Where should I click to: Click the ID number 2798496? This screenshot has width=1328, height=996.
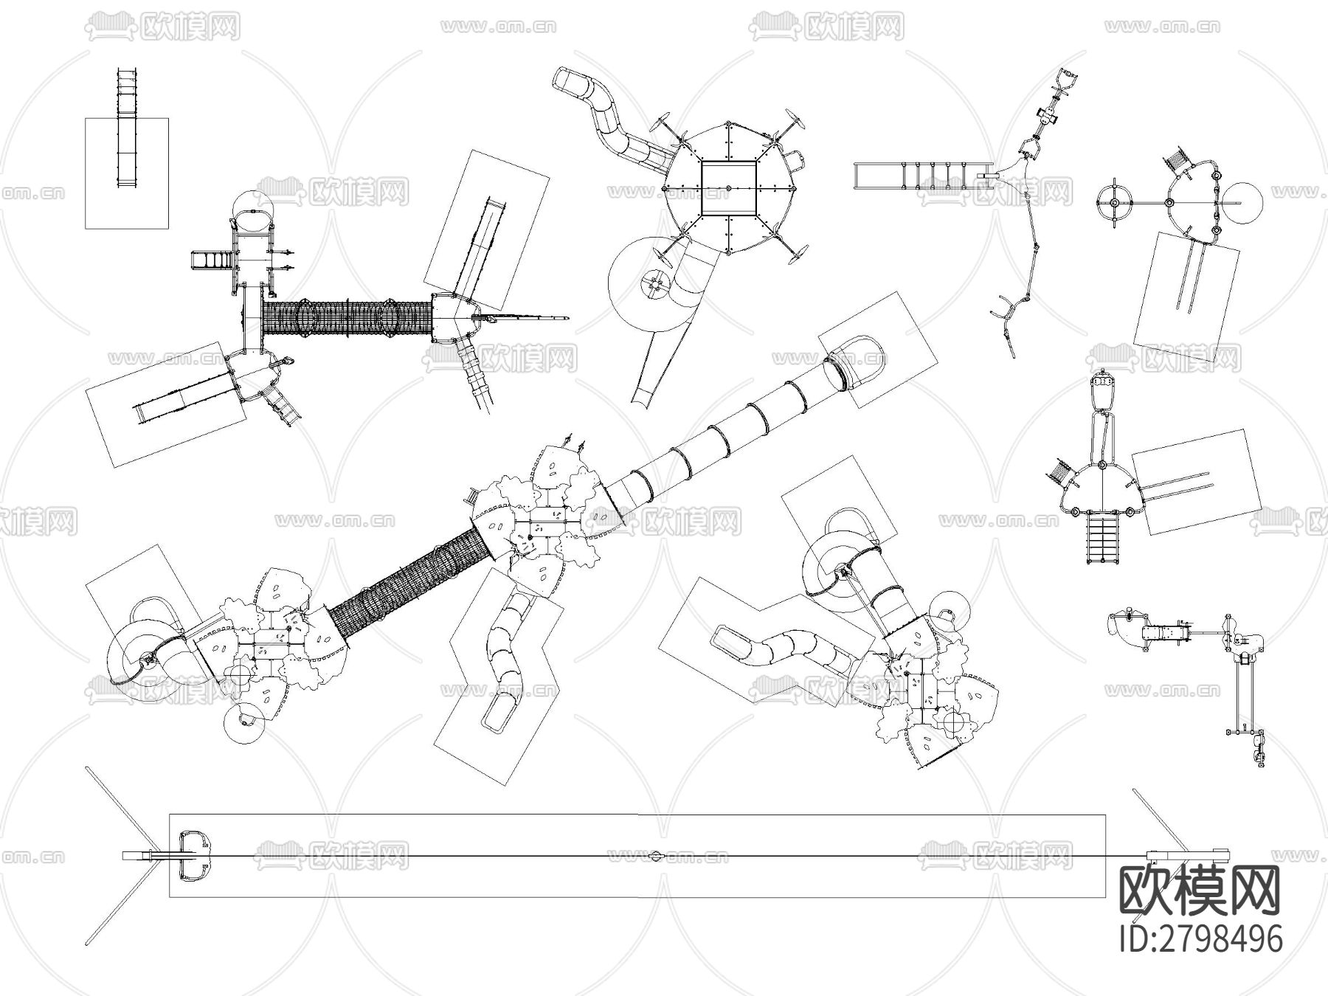[x=1201, y=938]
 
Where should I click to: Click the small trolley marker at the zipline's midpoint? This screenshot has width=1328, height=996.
[x=656, y=856]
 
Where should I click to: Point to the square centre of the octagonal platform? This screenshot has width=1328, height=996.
[x=730, y=187]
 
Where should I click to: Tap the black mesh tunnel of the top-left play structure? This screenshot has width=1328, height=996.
[x=347, y=317]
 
